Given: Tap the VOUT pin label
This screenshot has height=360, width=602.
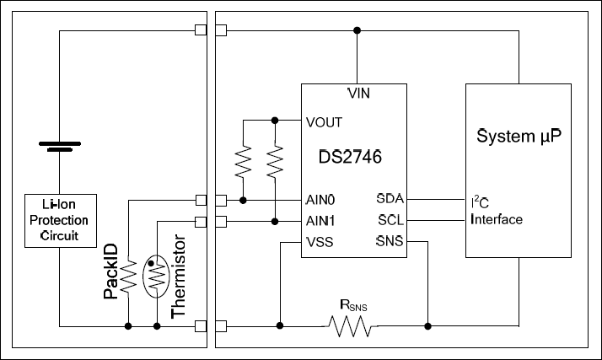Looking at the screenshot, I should [325, 121].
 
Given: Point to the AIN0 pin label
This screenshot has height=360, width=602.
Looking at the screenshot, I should [321, 201].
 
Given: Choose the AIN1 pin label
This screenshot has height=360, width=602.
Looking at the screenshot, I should [321, 221].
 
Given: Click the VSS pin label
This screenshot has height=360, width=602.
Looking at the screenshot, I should [320, 242].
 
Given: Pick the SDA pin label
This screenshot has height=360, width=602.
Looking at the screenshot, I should [390, 201].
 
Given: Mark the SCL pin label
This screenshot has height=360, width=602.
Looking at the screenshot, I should [390, 221].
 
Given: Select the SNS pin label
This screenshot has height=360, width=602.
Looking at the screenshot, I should [390, 242].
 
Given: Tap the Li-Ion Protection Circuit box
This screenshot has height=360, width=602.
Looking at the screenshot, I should [59, 221].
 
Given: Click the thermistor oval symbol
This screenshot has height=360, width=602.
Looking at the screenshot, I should [157, 276].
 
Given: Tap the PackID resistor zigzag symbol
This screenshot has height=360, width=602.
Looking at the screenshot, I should [127, 276].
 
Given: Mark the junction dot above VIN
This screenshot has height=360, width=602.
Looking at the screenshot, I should [357, 30].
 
